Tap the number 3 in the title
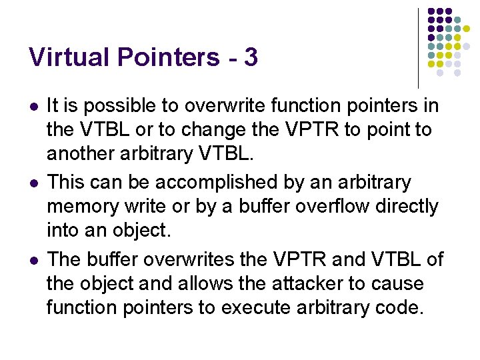251,57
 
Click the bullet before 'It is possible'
33,107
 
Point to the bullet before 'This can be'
33,183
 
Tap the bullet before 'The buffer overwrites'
33,259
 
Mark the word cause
398,283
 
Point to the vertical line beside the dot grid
418,47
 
